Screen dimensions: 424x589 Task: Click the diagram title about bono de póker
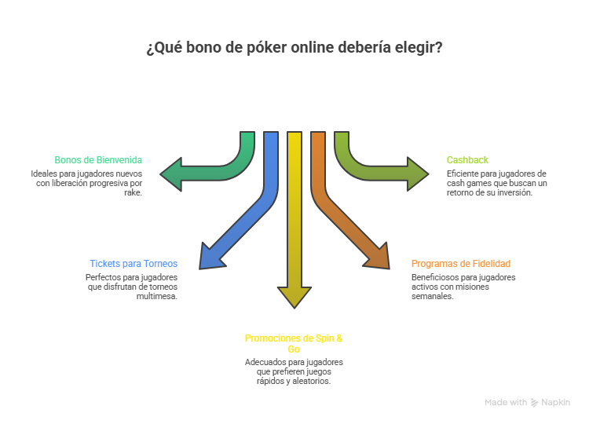coord(294,48)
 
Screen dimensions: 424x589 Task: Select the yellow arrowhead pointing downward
coord(294,296)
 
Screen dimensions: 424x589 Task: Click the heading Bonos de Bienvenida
coord(98,159)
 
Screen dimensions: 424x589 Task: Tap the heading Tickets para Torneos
coord(134,263)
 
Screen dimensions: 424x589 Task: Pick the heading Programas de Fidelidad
coord(461,263)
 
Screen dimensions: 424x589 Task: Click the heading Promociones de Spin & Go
coord(294,343)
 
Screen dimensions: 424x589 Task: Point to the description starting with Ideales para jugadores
coord(87,182)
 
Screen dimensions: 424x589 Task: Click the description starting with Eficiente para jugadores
coord(496,182)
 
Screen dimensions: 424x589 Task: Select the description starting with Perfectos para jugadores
coord(132,287)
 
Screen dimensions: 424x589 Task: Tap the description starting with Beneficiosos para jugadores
coord(463,287)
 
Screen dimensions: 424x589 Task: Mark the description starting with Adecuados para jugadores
coord(294,371)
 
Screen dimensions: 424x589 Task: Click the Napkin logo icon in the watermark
coord(535,402)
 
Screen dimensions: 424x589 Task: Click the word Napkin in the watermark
coord(556,402)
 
